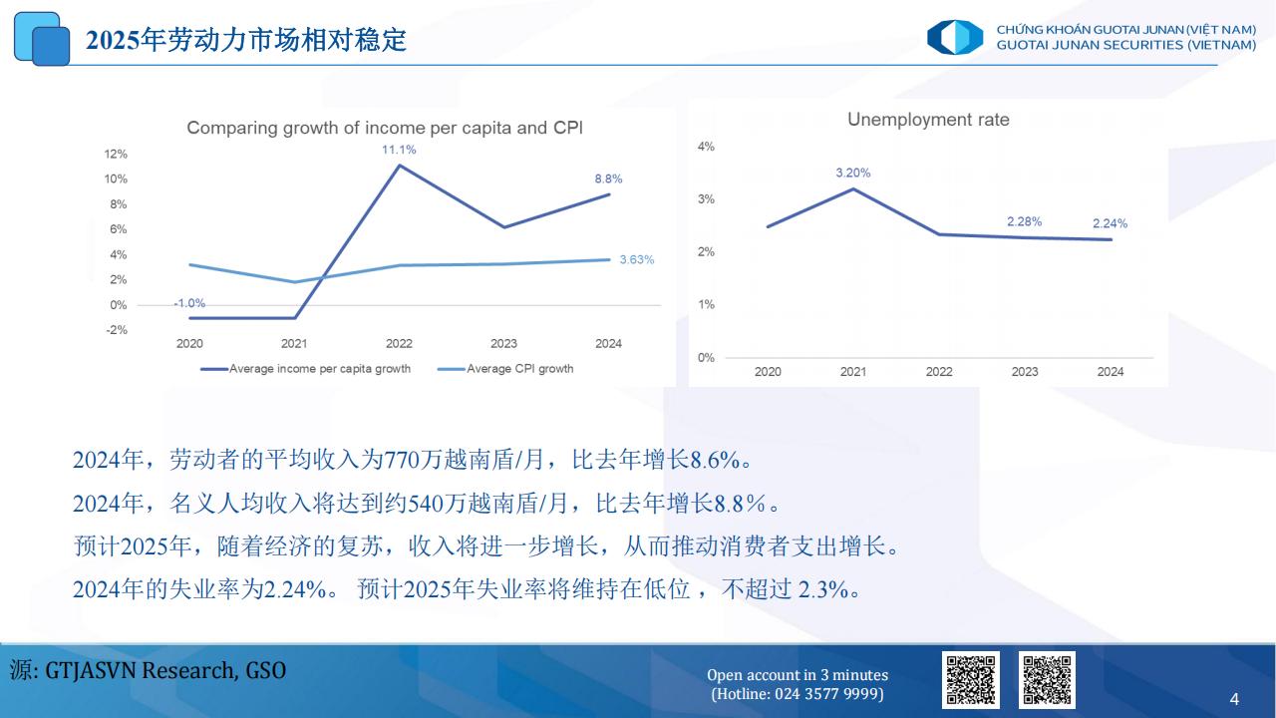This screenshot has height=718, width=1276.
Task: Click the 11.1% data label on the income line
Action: (399, 150)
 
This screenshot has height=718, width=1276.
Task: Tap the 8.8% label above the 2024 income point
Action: (608, 179)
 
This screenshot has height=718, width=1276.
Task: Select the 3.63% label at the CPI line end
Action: (637, 260)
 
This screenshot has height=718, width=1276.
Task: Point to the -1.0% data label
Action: (189, 303)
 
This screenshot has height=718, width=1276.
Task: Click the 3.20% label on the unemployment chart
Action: (852, 173)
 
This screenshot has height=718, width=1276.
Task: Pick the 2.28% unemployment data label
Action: (1024, 221)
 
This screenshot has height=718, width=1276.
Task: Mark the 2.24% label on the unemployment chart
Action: (1110, 223)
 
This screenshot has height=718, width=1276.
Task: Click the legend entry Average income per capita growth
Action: (305, 369)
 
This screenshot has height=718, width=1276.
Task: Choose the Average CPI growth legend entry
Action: (505, 369)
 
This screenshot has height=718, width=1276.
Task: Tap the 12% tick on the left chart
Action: (116, 154)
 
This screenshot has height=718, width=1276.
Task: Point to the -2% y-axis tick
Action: (117, 330)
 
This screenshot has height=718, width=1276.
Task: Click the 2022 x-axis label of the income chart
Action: (399, 344)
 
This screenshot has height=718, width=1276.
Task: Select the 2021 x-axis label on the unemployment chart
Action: (852, 372)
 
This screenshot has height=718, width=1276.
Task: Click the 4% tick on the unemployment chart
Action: (706, 147)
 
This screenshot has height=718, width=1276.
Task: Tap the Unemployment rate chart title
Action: (928, 120)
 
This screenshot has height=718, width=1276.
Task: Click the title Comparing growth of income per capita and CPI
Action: (385, 128)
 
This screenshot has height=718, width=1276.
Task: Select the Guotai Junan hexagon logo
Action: (955, 38)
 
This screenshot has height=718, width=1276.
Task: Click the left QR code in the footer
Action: (971, 680)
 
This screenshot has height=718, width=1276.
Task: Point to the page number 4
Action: (1234, 699)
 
